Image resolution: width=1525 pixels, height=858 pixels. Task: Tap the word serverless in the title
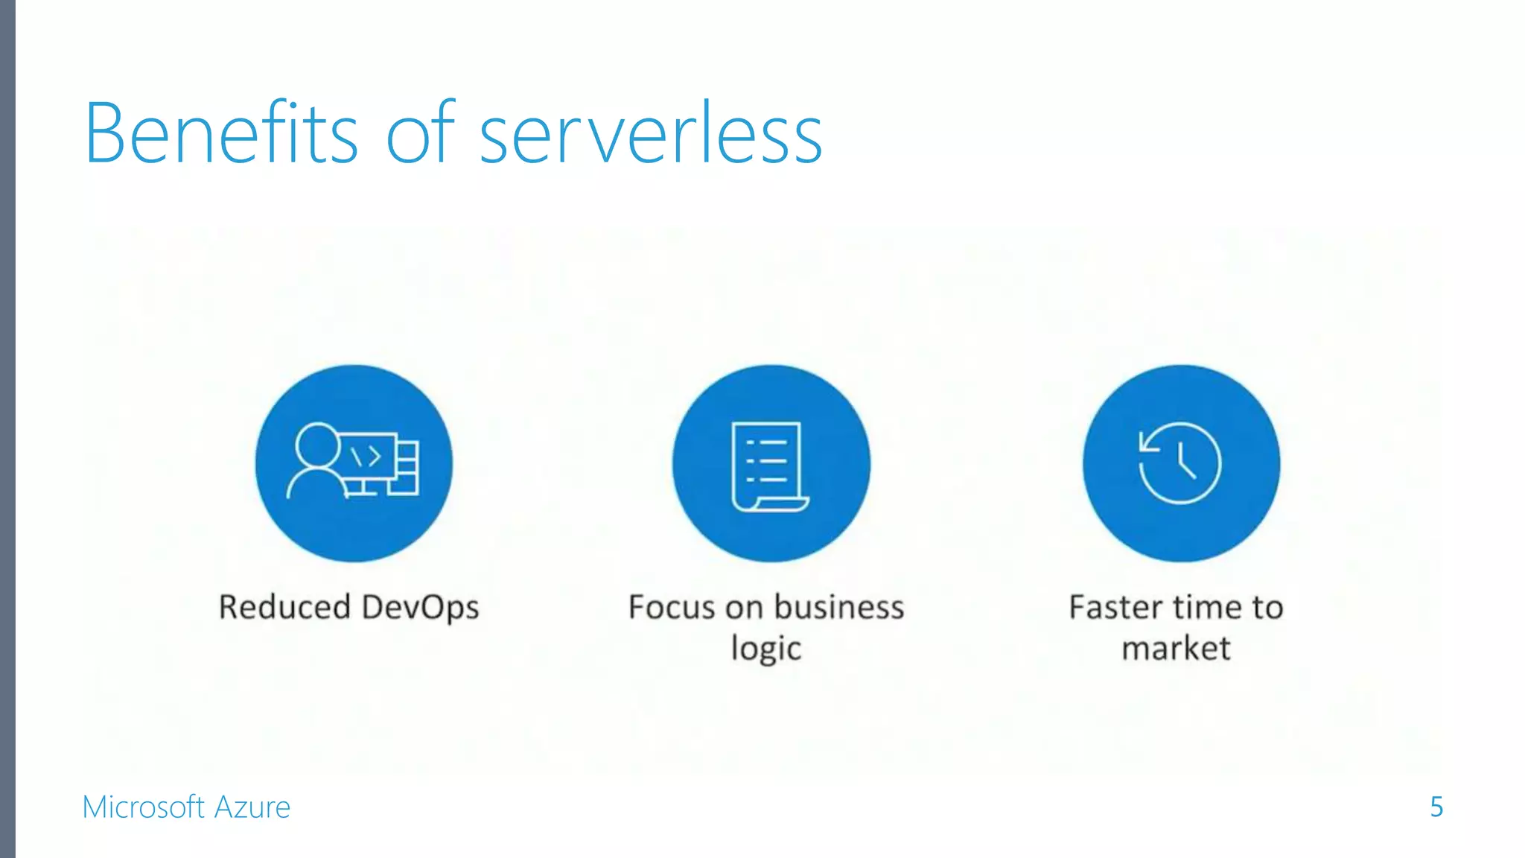651,136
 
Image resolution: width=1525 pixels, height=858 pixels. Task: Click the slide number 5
1436,807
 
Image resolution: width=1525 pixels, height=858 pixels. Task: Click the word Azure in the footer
252,807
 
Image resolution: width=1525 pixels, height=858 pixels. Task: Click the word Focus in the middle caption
672,607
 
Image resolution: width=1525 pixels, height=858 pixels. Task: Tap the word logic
766,649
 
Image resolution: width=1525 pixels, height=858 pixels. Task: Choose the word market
1176,648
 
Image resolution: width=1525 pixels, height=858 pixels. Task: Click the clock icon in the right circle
1180,463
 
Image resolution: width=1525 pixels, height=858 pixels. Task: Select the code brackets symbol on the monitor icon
366,456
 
